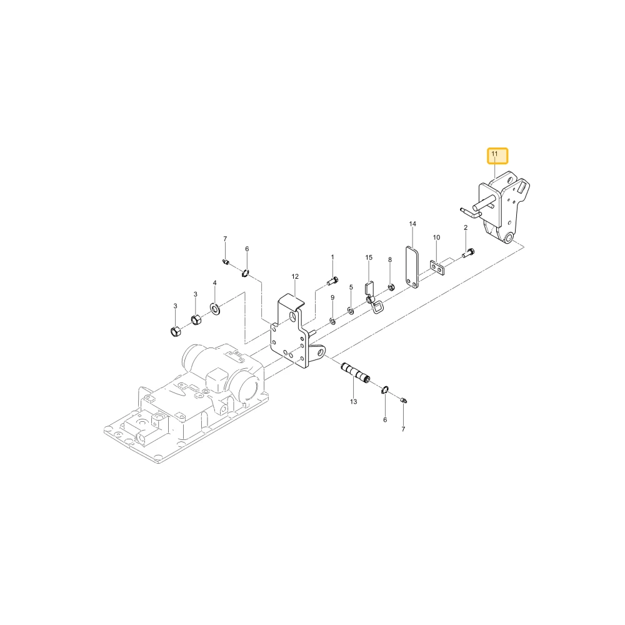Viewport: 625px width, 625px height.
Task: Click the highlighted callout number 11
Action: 494,154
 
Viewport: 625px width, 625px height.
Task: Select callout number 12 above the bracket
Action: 295,276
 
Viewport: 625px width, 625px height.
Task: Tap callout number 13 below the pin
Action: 354,402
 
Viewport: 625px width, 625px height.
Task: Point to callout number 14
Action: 412,224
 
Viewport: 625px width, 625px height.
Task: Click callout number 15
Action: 369,257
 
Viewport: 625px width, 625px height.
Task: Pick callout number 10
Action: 436,237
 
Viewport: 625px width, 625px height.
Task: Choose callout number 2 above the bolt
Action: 466,227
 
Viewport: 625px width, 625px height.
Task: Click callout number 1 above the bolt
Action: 332,257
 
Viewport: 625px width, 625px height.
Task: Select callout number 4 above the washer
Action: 214,283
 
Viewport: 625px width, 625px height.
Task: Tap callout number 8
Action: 390,260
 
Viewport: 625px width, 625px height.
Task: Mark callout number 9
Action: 332,297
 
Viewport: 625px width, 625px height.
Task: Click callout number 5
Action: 351,287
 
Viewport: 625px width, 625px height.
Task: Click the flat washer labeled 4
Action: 215,308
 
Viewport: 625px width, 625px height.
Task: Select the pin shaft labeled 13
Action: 356,372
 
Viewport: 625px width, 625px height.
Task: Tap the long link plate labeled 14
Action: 412,267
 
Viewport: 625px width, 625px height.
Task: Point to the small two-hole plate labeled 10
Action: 437,268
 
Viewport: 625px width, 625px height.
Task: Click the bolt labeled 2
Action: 468,253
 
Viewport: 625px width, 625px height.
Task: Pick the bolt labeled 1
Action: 332,281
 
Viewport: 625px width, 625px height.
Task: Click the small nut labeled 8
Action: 391,287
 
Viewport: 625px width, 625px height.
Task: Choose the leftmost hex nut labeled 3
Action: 176,331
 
